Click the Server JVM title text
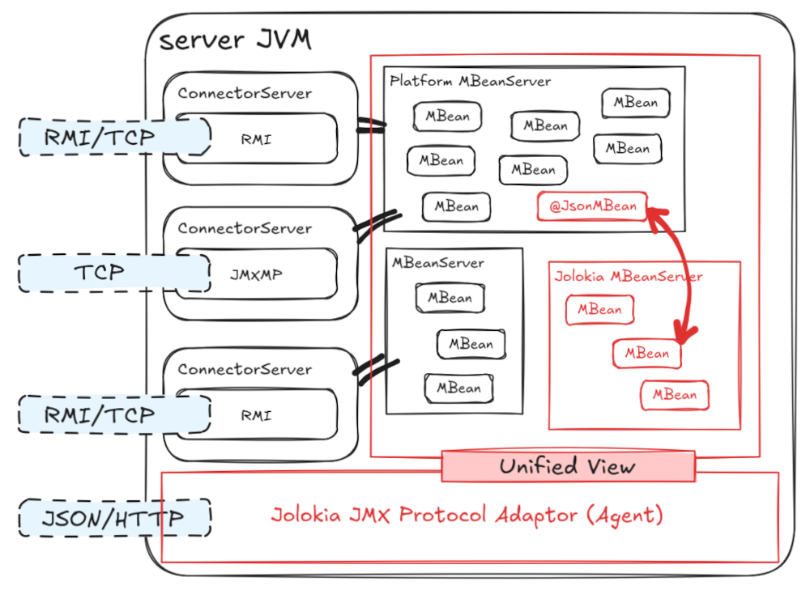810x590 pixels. pos(235,40)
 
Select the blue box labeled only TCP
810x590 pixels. pos(101,273)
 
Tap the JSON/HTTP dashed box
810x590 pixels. pos(114,517)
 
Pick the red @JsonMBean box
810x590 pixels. pos(593,206)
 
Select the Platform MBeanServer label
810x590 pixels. pos(470,81)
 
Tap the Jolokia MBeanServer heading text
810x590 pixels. pos(629,277)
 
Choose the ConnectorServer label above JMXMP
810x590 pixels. pos(245,228)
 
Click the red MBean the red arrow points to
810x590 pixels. pos(646,354)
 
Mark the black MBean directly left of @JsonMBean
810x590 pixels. pos(456,206)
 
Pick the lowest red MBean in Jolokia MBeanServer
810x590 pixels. pos(675,395)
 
